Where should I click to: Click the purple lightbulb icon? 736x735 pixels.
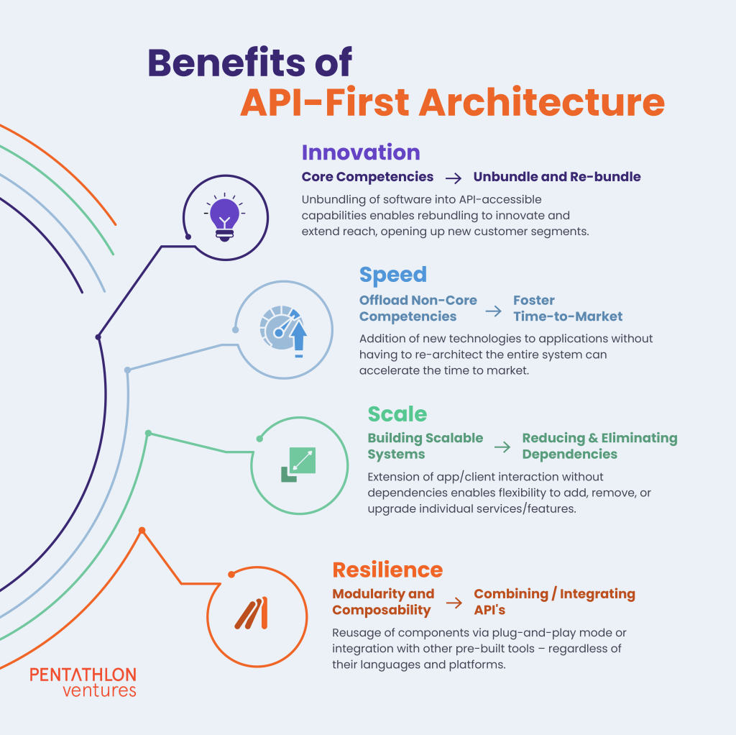click(224, 217)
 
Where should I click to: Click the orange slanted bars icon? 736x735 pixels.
click(252, 613)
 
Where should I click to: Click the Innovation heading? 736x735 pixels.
click(361, 152)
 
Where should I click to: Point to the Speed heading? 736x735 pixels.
click(393, 275)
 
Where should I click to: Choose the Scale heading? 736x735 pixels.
click(397, 414)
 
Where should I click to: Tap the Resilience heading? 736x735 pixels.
click(387, 570)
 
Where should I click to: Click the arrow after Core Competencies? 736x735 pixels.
click(454, 178)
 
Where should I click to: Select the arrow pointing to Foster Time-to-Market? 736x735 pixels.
click(493, 311)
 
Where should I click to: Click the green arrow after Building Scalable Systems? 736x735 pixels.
click(502, 447)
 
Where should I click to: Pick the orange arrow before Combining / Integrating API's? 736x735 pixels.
click(454, 603)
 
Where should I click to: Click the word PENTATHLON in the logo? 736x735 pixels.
click(83, 675)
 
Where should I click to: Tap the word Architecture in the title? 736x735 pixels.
click(541, 102)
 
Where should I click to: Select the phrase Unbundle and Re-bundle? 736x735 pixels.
click(557, 177)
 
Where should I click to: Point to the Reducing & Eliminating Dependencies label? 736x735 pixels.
click(599, 446)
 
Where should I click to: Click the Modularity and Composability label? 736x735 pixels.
click(383, 602)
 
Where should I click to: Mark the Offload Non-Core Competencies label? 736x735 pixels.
click(418, 308)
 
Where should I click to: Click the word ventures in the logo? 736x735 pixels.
click(99, 690)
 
